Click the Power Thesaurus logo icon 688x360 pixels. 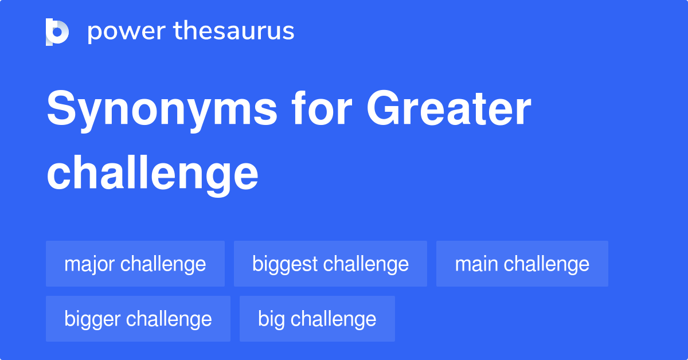click(57, 32)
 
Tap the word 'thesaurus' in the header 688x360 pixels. click(234, 32)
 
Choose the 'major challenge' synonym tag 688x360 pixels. click(135, 264)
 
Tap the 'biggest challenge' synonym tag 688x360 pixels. click(330, 264)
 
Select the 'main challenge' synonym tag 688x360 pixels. click(522, 264)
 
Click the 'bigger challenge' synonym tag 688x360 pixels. click(138, 319)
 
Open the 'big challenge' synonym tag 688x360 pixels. click(317, 319)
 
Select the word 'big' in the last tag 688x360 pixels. click(271, 319)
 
